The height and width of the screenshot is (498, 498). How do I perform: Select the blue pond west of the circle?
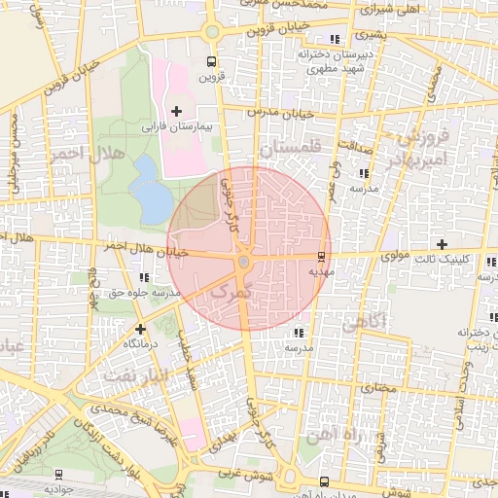151,189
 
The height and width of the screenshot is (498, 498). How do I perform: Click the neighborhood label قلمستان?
289,149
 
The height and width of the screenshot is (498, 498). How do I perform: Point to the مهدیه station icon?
322,257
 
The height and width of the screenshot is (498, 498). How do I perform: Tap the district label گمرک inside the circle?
231,291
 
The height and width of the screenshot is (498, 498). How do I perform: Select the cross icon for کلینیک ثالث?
443,243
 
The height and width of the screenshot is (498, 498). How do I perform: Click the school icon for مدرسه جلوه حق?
144,277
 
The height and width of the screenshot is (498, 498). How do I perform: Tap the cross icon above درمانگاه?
141,329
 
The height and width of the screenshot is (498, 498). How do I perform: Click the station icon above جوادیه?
60,475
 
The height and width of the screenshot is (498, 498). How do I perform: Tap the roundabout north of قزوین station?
211,32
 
